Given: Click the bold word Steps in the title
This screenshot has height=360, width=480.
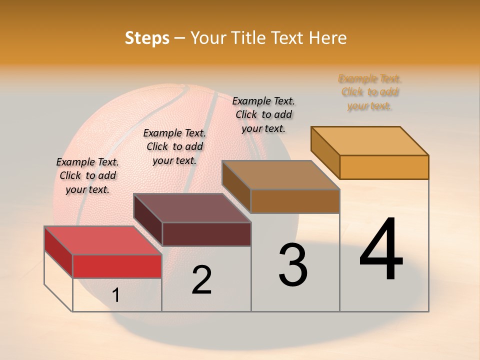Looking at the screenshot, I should click(147, 38).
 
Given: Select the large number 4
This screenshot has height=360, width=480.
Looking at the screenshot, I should click(381, 250).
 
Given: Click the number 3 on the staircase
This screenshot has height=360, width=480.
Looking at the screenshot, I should click(293, 265).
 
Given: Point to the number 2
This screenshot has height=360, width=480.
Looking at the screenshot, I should click(201, 280).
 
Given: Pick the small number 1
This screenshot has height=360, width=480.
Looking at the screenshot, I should click(116, 295).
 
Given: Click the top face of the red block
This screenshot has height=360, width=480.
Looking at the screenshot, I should click(103, 240).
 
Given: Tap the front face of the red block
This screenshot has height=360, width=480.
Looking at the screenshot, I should click(117, 266).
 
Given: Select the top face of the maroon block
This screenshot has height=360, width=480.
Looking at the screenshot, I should click(192, 208).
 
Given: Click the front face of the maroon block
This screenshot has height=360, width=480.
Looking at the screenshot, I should click(206, 234).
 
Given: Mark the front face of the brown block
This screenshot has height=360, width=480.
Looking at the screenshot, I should click(295, 201).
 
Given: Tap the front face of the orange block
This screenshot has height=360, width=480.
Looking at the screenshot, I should click(384, 167).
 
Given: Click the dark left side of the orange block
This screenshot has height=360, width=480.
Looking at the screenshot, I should click(325, 150).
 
